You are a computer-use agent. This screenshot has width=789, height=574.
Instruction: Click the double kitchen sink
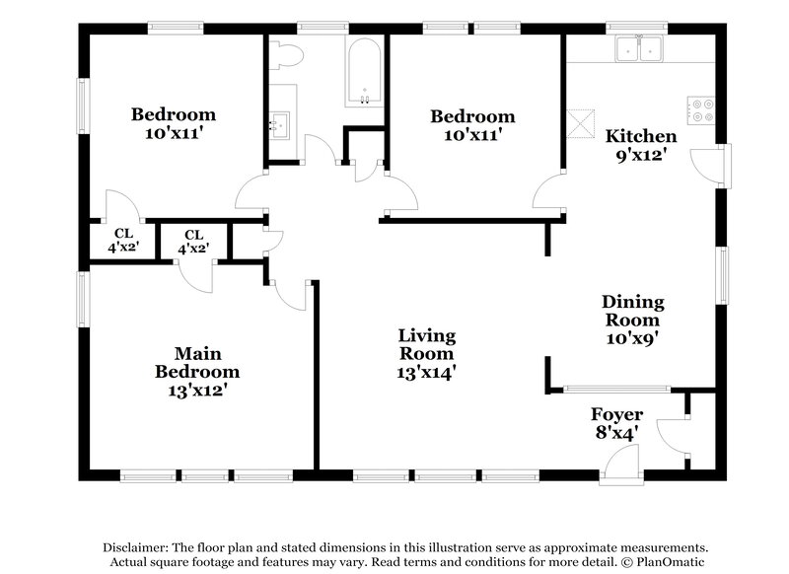pyautogui.click(x=640, y=48)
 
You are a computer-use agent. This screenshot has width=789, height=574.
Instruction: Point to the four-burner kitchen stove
pyautogui.click(x=701, y=110)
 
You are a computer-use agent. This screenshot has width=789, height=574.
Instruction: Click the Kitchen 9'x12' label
pyautogui.click(x=641, y=145)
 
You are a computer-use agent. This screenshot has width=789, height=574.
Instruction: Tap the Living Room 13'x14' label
pyautogui.click(x=427, y=353)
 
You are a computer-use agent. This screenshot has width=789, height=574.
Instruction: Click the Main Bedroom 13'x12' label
pyautogui.click(x=197, y=371)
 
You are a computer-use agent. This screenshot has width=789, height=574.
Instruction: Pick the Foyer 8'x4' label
pyautogui.click(x=616, y=423)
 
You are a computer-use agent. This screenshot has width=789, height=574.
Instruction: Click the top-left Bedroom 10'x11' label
pyautogui.click(x=174, y=123)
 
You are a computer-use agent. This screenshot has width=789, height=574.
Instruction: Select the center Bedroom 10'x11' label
pyautogui.click(x=472, y=125)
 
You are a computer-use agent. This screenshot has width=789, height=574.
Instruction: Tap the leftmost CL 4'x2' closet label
pyautogui.click(x=123, y=242)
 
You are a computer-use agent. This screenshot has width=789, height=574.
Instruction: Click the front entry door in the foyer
pyautogui.click(x=620, y=464)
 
